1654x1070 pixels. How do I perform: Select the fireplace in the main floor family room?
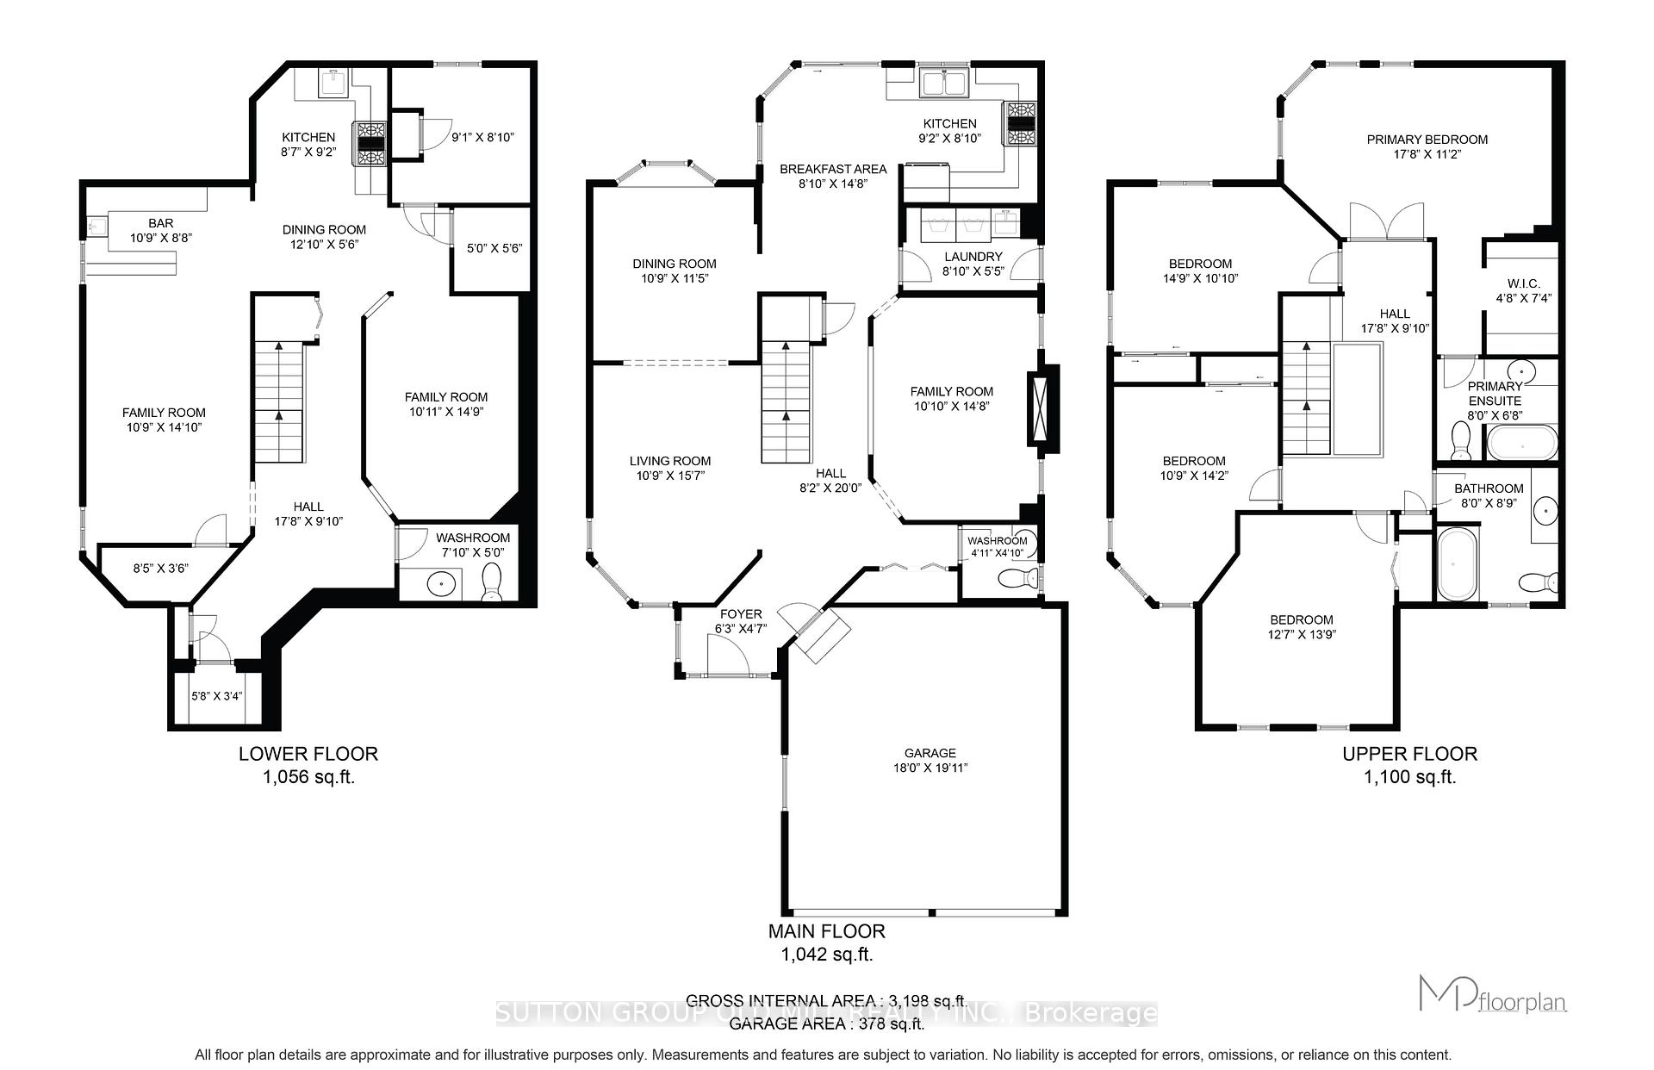(x=1043, y=406)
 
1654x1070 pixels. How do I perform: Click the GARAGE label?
(x=930, y=752)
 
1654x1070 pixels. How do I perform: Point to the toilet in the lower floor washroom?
(x=493, y=582)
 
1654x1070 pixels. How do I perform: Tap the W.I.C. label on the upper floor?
(x=1523, y=283)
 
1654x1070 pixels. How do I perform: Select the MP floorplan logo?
(x=1492, y=993)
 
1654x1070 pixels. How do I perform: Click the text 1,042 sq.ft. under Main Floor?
(x=826, y=955)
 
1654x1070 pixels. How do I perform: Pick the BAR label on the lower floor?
(x=160, y=223)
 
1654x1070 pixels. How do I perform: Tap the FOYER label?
(x=741, y=614)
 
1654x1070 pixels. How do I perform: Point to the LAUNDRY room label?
(x=973, y=257)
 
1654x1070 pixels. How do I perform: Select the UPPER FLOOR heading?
(x=1409, y=754)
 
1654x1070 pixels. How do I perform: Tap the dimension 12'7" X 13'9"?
(x=1301, y=634)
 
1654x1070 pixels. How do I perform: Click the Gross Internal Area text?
(x=826, y=1001)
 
